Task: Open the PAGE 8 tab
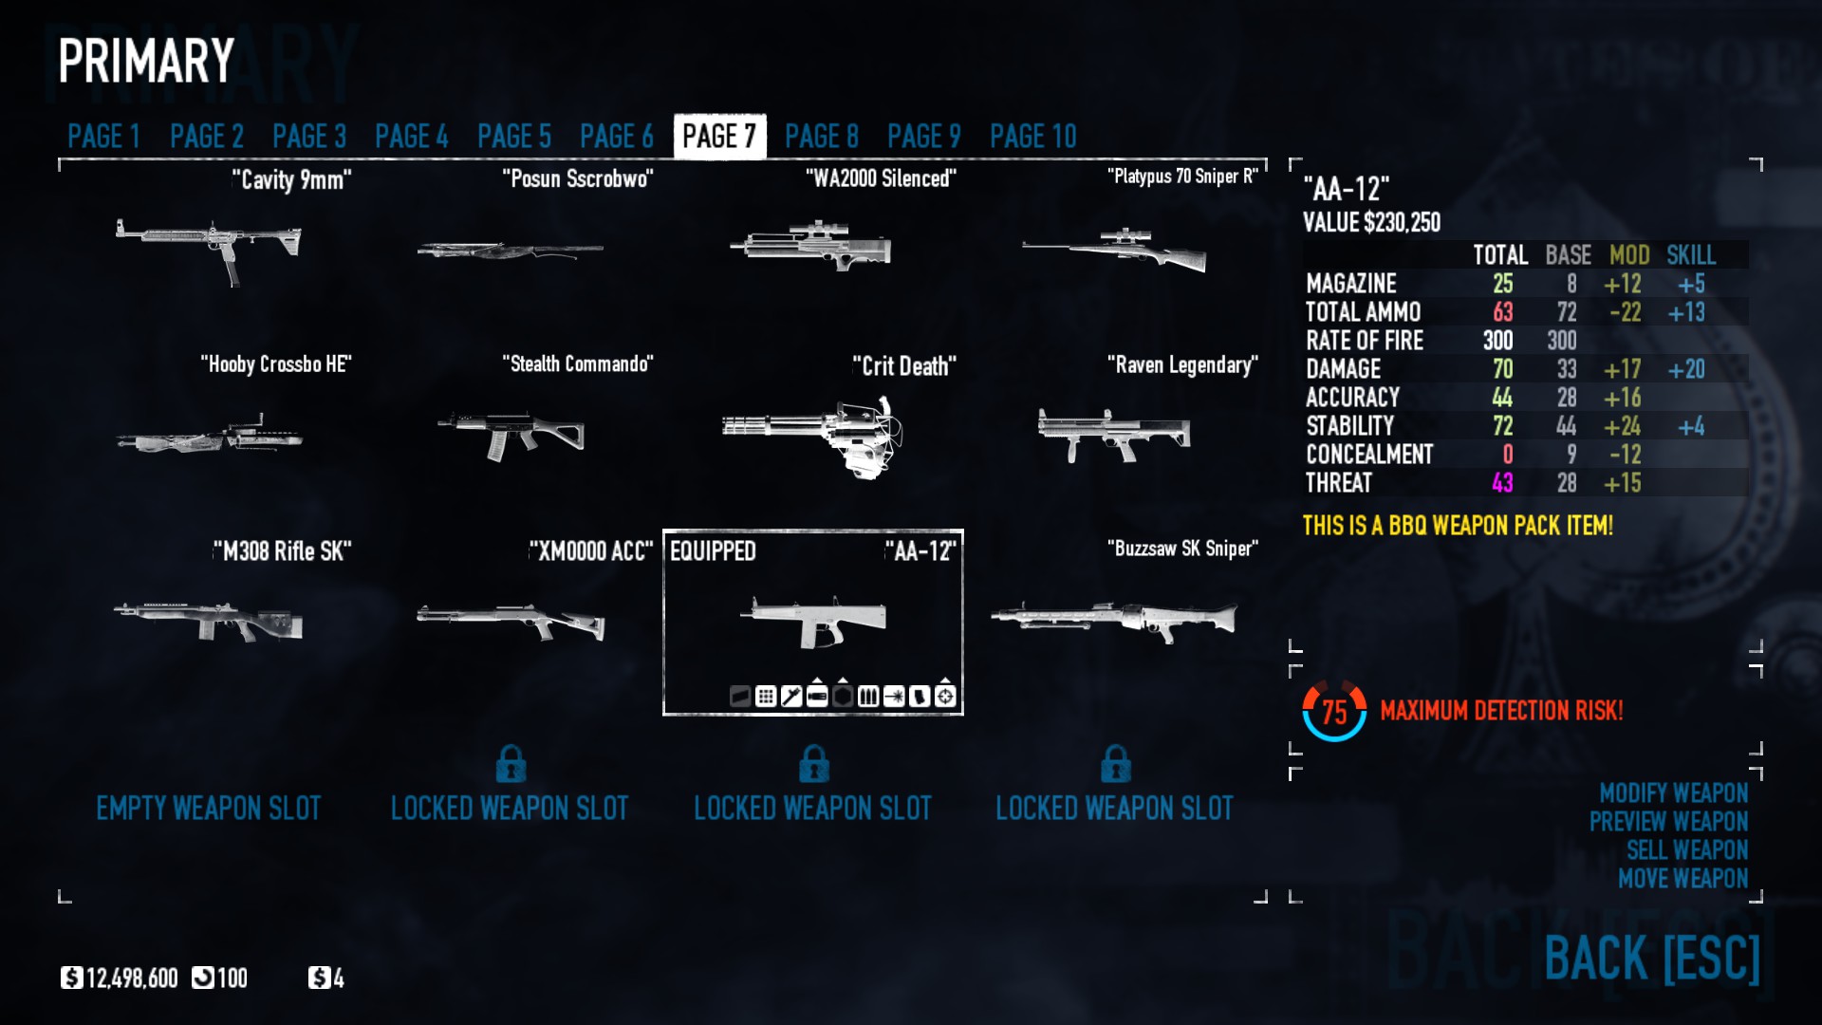tap(821, 137)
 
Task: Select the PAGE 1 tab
tap(103, 137)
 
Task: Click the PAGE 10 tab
tap(1032, 137)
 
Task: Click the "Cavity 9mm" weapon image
tap(209, 247)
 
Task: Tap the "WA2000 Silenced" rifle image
tap(811, 247)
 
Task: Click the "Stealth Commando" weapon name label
tap(577, 364)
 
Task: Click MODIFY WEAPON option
tap(1673, 792)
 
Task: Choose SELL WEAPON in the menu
tap(1686, 849)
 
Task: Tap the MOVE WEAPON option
tap(1683, 878)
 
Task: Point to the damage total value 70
tap(1502, 369)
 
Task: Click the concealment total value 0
tap(1507, 455)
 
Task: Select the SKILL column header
tap(1690, 255)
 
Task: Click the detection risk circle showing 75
tap(1334, 711)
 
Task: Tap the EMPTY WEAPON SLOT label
tap(209, 809)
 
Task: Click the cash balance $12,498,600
tap(121, 978)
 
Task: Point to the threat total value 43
tap(1502, 483)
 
